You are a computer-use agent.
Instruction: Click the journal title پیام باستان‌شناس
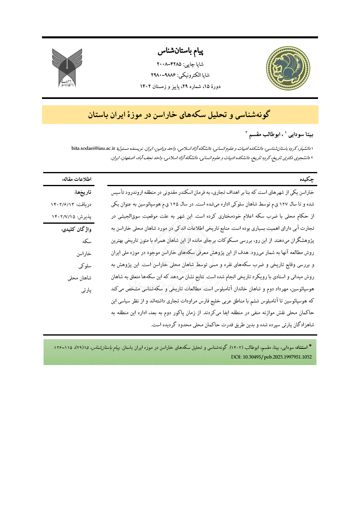(180, 52)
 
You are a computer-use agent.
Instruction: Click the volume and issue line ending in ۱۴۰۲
(180, 86)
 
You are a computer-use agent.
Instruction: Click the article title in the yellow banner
(180, 115)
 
